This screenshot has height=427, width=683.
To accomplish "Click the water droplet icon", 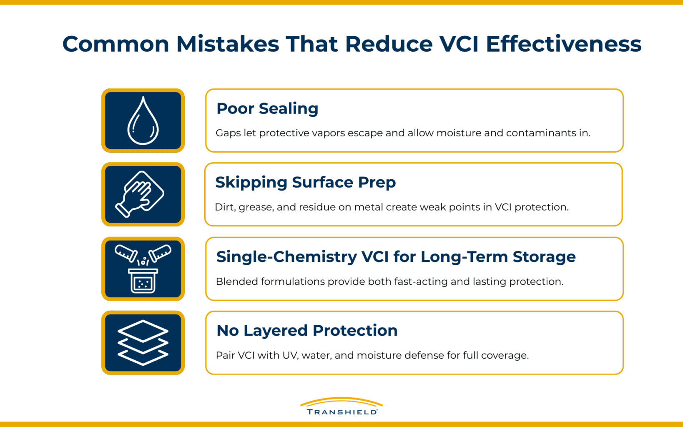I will (x=143, y=121).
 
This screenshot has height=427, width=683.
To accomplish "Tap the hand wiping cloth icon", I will (x=141, y=194).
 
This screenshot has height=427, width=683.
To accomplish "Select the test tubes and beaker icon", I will (x=143, y=269).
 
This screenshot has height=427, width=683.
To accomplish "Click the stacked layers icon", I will (x=143, y=342).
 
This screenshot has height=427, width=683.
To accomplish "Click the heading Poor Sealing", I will (x=267, y=108).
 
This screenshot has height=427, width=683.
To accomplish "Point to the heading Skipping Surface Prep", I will (x=305, y=182).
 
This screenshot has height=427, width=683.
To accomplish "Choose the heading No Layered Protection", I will (x=307, y=330).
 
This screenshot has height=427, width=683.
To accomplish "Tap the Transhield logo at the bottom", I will (x=341, y=406).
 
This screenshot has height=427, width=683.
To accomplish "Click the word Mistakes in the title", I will (x=228, y=44).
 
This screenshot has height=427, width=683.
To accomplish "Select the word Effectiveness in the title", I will (x=563, y=44).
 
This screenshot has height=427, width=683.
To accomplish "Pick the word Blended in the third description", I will (x=236, y=281).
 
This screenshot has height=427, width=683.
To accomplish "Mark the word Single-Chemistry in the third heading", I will (x=286, y=256).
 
